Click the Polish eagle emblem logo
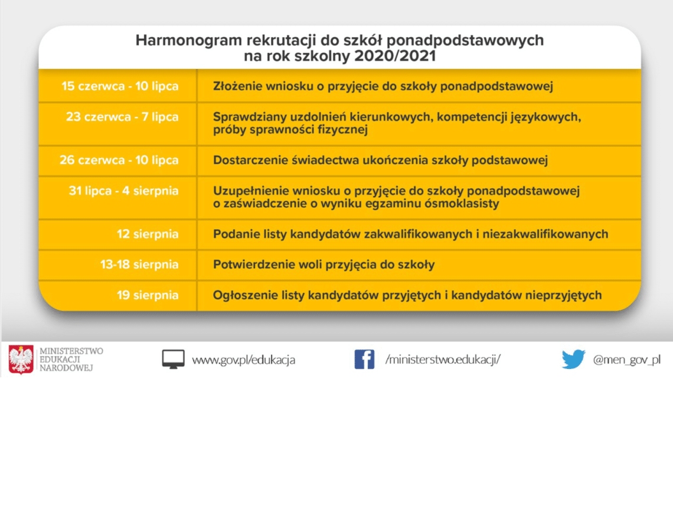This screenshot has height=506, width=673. pos(21,360)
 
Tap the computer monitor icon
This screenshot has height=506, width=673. pos(173,359)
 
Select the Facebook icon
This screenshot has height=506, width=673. pos(364,359)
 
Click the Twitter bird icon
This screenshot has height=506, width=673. pos(573,359)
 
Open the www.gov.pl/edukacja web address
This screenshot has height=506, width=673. pos(243,360)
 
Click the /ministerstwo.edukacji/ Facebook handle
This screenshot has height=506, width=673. pos(443,359)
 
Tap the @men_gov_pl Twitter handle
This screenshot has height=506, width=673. pos(626,360)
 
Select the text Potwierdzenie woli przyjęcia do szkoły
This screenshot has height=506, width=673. pos(324,265)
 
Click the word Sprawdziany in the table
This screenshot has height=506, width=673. pos(249,117)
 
